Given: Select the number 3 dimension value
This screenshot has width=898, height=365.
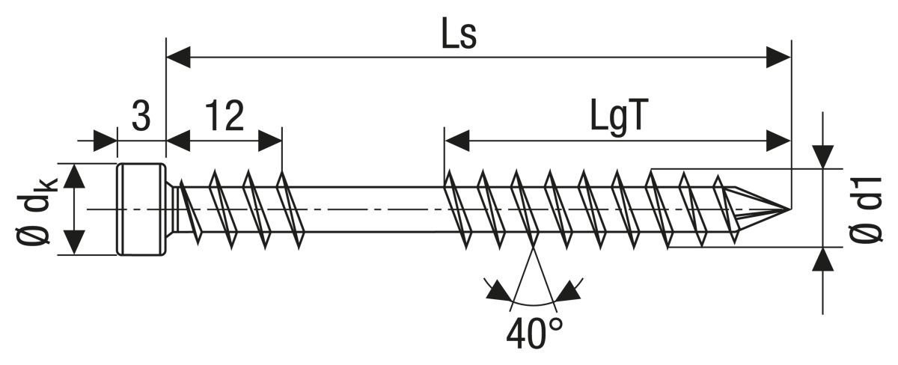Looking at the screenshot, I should pos(141,117).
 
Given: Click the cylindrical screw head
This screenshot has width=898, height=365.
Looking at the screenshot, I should pos(141,209).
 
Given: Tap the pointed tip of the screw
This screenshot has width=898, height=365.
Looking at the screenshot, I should pos(778,207).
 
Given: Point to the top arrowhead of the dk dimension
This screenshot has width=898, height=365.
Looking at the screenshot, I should pos(74,175).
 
